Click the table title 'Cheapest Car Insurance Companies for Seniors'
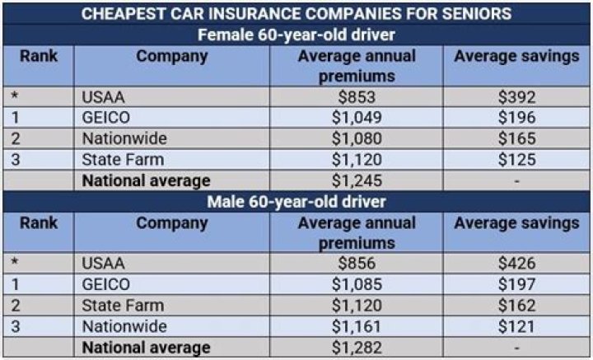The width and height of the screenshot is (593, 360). pos(296,14)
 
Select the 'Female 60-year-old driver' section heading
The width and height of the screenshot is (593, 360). pos(296,35)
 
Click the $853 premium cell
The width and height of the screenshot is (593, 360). pos(356,97)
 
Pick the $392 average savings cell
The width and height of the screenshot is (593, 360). pos(516,97)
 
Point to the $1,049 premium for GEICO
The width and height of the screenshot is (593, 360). pos(356,118)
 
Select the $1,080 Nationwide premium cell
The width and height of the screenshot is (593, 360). pos(356,138)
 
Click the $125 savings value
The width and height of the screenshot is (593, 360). pos(516,159)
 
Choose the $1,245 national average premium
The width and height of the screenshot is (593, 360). pos(356,180)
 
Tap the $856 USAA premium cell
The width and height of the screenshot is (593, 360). pos(356,264)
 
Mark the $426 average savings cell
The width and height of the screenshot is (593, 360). pos(516,264)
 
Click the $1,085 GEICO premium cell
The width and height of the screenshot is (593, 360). pos(356,284)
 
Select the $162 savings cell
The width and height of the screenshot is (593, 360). pos(516,306)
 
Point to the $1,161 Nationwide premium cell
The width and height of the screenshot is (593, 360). pos(356,326)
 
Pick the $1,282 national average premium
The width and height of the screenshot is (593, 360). pos(356,348)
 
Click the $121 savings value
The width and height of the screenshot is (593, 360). pos(516,326)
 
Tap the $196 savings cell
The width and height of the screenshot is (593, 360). pos(516,118)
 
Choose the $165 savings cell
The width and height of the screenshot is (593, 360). pos(516,138)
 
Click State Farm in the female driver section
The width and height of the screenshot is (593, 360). pos(123,159)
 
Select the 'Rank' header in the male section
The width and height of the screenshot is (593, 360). pos(38,223)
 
